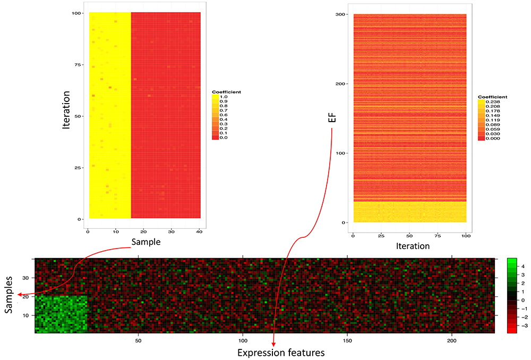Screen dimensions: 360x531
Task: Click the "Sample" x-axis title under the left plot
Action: (145, 242)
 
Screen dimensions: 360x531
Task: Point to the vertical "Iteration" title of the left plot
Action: (67, 115)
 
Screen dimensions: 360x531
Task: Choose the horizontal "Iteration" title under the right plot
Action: (409, 246)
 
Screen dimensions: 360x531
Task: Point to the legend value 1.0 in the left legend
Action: (224, 97)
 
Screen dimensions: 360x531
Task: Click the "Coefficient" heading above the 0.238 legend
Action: (492, 97)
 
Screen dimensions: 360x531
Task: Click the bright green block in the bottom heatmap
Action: (61, 314)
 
